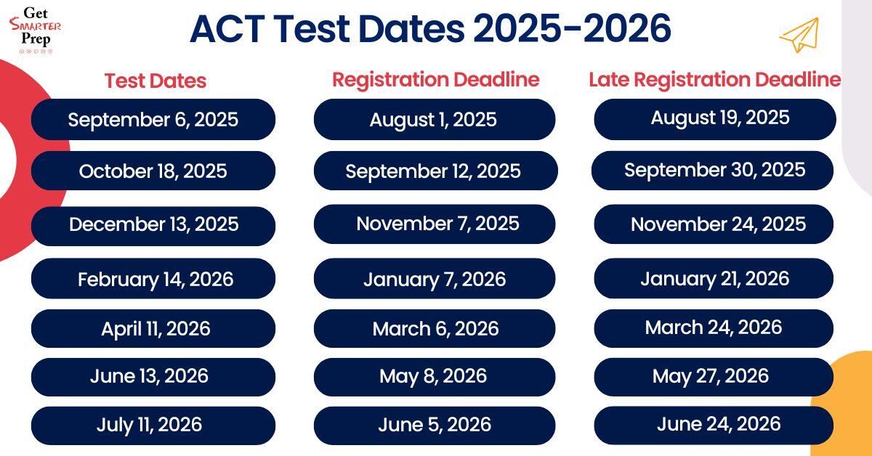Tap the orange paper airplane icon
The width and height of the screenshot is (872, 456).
pyautogui.click(x=799, y=34)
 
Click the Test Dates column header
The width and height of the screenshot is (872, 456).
pyautogui.click(x=155, y=81)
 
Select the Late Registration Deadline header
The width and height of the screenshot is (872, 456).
pyautogui.click(x=714, y=79)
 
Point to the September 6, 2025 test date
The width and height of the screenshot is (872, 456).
pyautogui.click(x=153, y=119)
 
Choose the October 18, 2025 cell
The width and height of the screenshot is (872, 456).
pyautogui.click(x=153, y=171)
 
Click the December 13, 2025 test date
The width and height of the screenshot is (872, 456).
pyautogui.click(x=153, y=224)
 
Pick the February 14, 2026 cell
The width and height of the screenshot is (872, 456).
pyautogui.click(x=153, y=279)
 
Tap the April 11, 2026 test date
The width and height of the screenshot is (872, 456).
pyautogui.click(x=153, y=329)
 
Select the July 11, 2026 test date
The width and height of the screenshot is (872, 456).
pyautogui.click(x=153, y=425)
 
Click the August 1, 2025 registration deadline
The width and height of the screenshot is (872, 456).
pyautogui.click(x=434, y=120)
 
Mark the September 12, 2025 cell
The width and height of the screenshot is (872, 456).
pyautogui.click(x=434, y=171)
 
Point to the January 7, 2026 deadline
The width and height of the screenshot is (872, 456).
pyautogui.click(x=434, y=279)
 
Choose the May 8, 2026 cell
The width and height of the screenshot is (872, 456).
pyautogui.click(x=434, y=376)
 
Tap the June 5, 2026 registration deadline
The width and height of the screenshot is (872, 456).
pyautogui.click(x=434, y=425)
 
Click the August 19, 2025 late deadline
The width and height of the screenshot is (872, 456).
pyautogui.click(x=715, y=118)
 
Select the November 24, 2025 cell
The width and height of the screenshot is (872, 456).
pyautogui.click(x=715, y=224)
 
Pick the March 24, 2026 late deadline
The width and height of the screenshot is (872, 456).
pyautogui.click(x=714, y=327)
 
